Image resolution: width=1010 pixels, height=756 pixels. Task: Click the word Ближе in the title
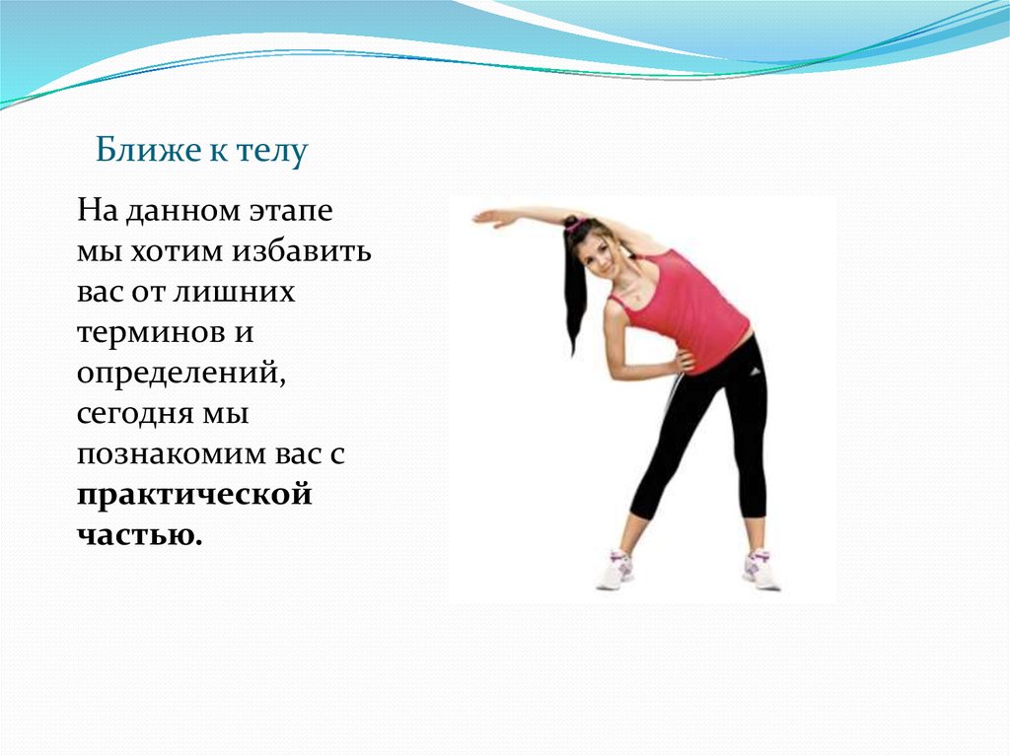point(148,150)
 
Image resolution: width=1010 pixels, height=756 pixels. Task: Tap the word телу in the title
point(272,152)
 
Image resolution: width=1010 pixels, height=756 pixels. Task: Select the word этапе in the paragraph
point(291,211)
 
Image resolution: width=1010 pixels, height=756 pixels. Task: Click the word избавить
point(302,251)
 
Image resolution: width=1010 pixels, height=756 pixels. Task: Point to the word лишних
point(235,293)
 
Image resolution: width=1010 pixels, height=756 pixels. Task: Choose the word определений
point(181,374)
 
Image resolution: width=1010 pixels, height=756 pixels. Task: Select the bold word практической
point(194,495)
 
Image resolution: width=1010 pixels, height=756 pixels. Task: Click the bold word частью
point(140,534)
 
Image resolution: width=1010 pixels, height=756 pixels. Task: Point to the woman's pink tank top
point(686,311)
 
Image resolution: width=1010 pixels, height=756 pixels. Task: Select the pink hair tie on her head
point(572,225)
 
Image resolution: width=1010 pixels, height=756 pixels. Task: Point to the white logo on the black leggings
point(755,371)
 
